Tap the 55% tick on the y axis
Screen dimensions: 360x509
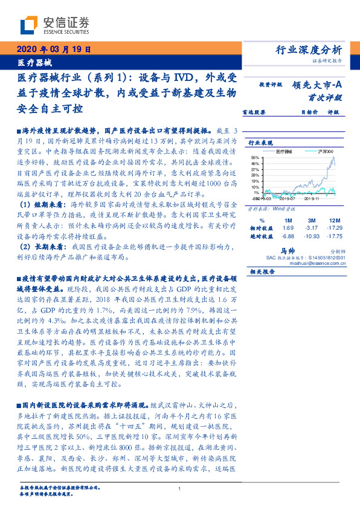(x=256, y=157)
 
